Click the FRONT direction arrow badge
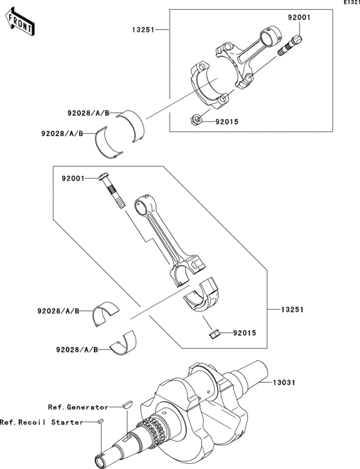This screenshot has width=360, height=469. tap(19, 23)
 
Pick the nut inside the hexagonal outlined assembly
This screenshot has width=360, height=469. tap(217, 333)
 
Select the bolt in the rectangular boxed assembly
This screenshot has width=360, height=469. tap(293, 45)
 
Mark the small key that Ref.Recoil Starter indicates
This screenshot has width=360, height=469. tap(100, 421)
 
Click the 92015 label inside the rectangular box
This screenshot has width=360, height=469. tap(227, 120)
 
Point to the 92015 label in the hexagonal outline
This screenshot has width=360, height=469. tap(244, 333)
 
